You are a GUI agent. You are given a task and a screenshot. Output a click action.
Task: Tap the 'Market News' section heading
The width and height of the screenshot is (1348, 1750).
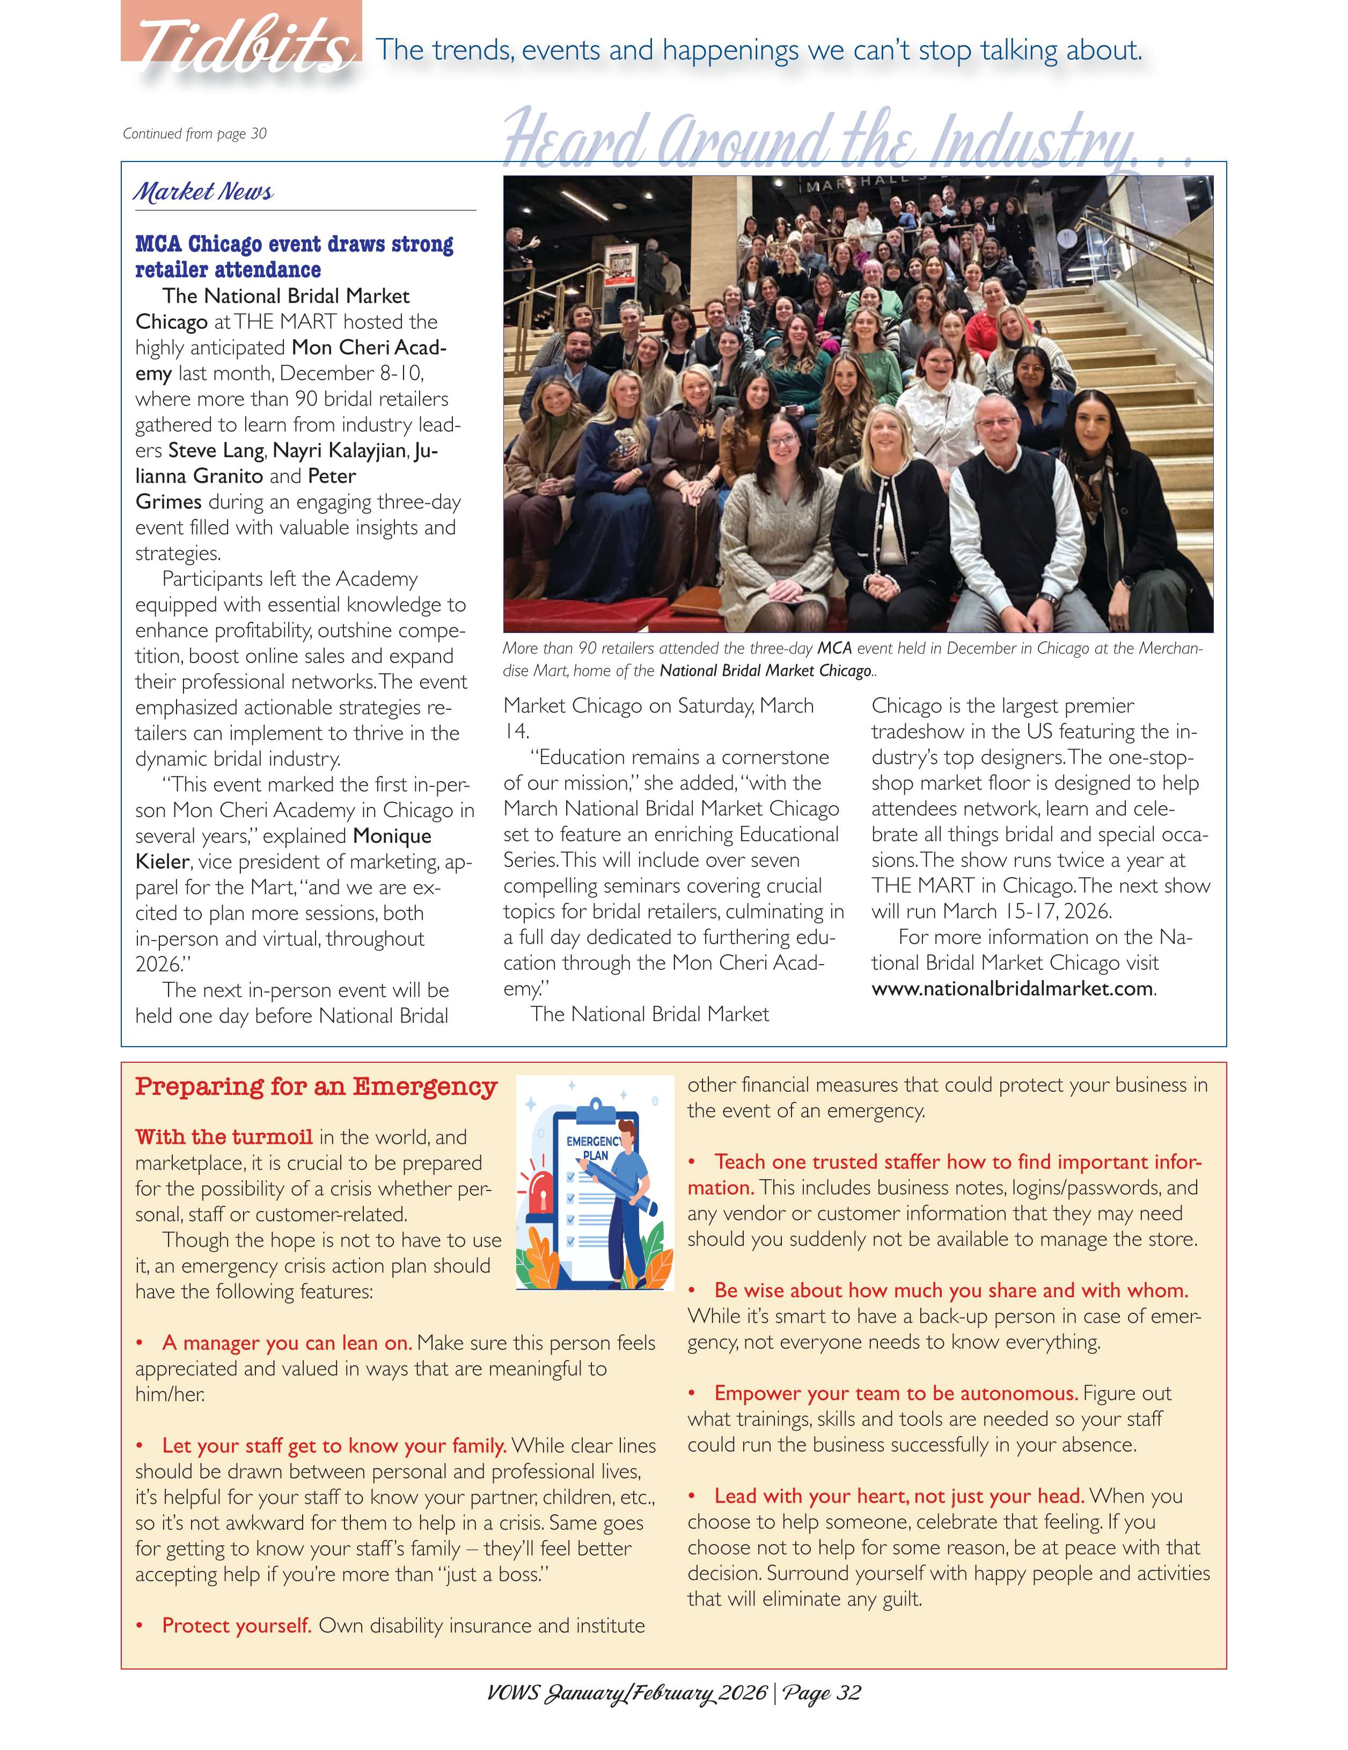tap(203, 192)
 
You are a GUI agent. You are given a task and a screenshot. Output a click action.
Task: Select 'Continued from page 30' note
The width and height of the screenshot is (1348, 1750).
tap(195, 134)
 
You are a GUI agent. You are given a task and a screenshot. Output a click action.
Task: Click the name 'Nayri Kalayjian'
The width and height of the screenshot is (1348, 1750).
tap(340, 450)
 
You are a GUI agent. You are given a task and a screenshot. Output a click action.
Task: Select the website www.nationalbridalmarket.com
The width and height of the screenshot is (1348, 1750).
tap(1012, 988)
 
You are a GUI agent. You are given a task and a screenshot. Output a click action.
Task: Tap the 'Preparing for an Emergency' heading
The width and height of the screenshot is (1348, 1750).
tap(316, 1086)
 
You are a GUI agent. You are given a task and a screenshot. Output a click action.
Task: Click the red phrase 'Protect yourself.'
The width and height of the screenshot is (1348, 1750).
tap(237, 1625)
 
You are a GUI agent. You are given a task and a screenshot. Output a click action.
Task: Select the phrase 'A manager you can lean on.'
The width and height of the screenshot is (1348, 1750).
tap(287, 1342)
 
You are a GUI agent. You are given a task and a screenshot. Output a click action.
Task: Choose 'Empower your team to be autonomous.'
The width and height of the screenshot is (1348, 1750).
tap(896, 1393)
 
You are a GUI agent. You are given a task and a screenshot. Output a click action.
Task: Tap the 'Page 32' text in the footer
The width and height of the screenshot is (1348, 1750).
tap(822, 1692)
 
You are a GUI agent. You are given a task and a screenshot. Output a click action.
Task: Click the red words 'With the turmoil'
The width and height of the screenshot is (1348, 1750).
tap(224, 1137)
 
